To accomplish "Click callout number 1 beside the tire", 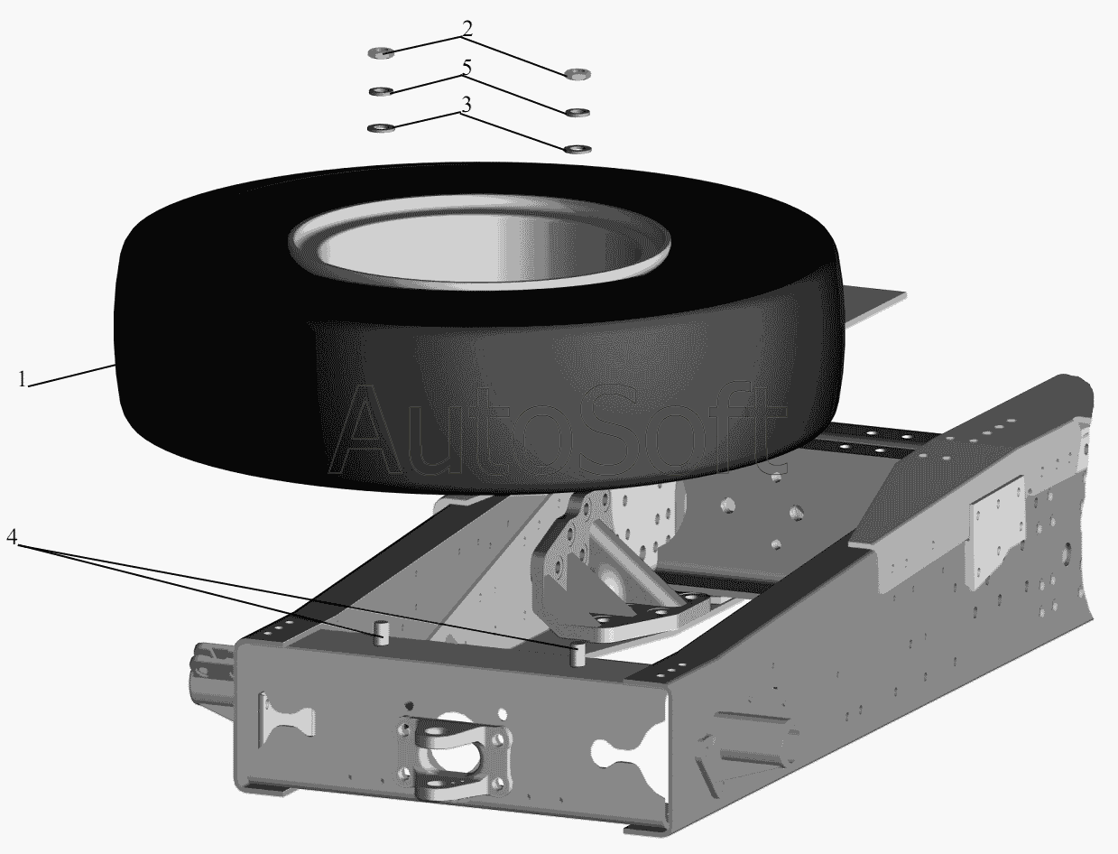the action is point(22,379).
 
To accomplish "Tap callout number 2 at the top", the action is point(467,29).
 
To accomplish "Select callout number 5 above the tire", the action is point(467,67).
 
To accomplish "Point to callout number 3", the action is point(467,105).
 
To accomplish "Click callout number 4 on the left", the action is point(13,536).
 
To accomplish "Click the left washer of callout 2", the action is point(381,52).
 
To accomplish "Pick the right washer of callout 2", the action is point(577,74).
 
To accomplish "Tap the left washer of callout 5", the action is point(381,90).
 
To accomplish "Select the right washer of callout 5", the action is point(577,112).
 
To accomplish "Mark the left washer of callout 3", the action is point(381,127).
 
